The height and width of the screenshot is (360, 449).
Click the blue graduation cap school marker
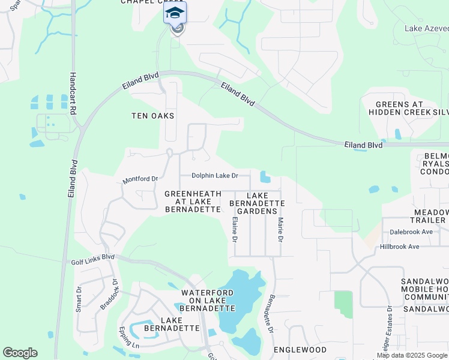click(x=175, y=13)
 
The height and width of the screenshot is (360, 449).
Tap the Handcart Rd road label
click(x=73, y=94)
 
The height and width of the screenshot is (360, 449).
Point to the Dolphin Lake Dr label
click(x=215, y=176)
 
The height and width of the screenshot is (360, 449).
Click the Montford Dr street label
click(x=140, y=179)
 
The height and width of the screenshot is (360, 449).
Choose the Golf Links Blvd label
click(x=92, y=257)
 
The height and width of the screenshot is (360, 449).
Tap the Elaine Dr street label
click(x=234, y=230)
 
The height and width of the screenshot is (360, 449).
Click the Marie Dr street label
click(x=280, y=230)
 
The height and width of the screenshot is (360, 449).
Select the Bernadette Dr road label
click(x=271, y=314)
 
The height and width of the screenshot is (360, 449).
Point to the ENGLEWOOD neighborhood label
click(x=300, y=349)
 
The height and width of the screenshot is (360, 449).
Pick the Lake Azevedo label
click(x=426, y=28)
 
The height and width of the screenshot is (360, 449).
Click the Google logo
click(x=20, y=353)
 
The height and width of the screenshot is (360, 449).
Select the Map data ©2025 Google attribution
click(x=412, y=355)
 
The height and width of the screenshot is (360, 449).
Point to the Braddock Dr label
click(x=109, y=294)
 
